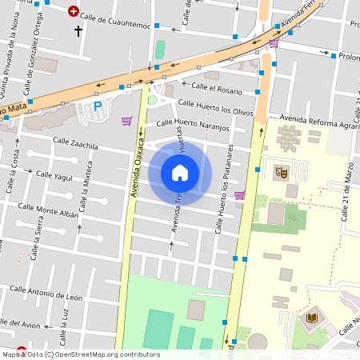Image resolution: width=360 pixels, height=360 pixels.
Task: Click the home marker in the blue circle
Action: [180, 173]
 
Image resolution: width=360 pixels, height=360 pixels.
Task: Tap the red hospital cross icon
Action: [74, 11]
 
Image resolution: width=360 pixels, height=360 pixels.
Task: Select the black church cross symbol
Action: [78, 31]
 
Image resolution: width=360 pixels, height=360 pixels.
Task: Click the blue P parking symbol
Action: [98, 106]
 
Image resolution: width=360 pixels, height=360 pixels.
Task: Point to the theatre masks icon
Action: [282, 171]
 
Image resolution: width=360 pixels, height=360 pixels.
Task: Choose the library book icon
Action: [310, 319]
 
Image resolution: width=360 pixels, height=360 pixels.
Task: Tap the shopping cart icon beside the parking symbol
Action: [126, 121]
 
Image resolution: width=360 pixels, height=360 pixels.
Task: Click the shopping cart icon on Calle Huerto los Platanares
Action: [239, 194]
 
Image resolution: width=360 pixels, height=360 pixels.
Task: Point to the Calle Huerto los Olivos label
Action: [215, 108]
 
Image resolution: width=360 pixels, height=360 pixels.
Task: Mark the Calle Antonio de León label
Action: [46, 293]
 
